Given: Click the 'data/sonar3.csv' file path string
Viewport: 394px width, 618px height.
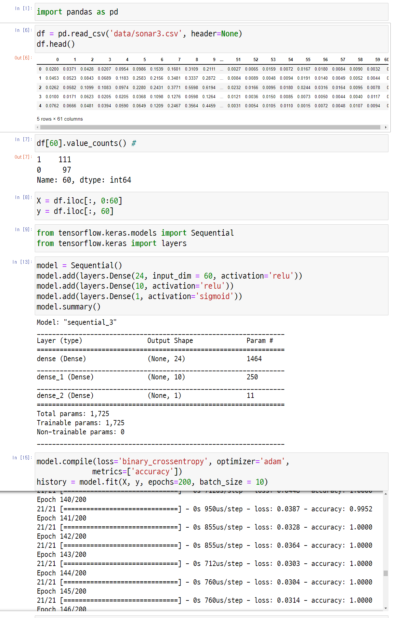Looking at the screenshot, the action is (x=144, y=34).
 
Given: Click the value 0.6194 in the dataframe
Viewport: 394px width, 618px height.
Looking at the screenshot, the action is (x=209, y=87).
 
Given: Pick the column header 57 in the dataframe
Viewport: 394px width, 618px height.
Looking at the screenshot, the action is (x=343, y=59).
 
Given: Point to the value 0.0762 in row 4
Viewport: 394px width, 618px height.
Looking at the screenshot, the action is (x=52, y=106).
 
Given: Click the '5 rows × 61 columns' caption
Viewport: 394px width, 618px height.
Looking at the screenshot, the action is (x=60, y=119).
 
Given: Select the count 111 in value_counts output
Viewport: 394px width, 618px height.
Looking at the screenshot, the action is (x=65, y=160).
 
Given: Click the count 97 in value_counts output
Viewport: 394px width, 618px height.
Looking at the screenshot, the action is (x=67, y=170).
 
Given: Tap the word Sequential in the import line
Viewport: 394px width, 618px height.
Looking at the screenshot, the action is (x=212, y=233).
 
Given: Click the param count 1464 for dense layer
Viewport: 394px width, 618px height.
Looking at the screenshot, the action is (x=254, y=359).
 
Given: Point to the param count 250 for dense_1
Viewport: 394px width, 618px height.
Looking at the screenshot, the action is (x=252, y=377).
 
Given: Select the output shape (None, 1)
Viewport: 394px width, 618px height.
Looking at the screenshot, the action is (x=164, y=396).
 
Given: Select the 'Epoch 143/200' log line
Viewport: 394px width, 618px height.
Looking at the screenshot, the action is (x=62, y=555).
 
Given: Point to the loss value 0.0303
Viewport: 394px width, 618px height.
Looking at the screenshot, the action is (x=288, y=564).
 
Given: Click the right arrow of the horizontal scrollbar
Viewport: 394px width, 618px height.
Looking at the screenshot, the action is (x=386, y=127).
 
